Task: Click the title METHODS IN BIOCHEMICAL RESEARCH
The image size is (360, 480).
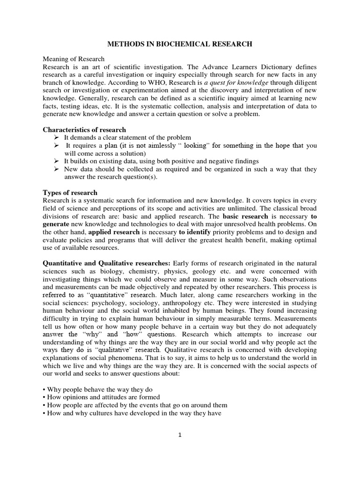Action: (x=180, y=44)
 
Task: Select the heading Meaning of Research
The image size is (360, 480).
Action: (x=70, y=60)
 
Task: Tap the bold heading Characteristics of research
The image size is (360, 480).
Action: (x=84, y=129)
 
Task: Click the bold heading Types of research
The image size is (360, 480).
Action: (x=70, y=193)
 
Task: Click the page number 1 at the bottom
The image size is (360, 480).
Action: (x=180, y=435)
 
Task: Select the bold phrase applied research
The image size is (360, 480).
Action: (x=114, y=232)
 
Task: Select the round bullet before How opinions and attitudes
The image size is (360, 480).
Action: (x=45, y=397)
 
